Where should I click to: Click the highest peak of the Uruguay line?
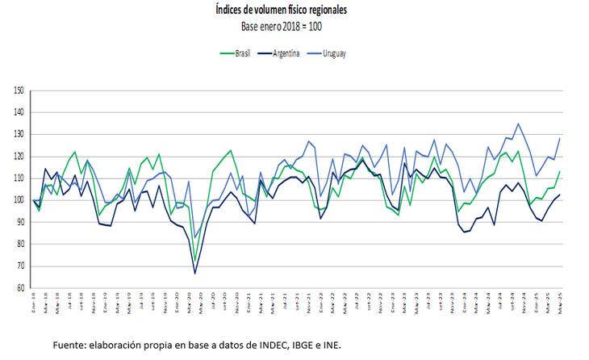click(518, 123)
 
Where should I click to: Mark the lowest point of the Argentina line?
click(194, 274)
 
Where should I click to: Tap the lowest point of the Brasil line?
click(194, 262)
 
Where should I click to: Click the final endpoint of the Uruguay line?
click(560, 138)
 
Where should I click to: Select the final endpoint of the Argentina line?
click(560, 195)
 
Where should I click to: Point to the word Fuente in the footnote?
click(70, 345)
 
